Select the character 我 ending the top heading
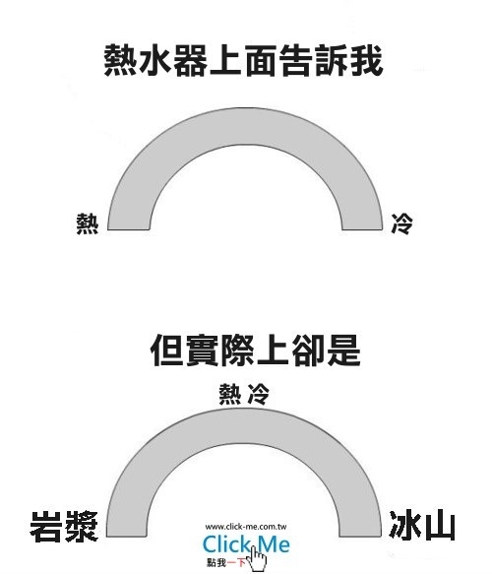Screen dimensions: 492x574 tap(366, 60)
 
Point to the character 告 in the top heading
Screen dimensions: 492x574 tap(296, 60)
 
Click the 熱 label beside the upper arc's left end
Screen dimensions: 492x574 tap(88, 223)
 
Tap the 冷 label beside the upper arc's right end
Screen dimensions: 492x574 tap(402, 223)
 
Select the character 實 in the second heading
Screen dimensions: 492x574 tap(202, 350)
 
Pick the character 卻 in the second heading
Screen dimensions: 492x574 tap(308, 350)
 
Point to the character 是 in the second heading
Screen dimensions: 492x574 tap(343, 350)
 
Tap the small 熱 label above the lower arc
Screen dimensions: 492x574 tap(230, 394)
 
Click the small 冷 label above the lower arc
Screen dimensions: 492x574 tap(259, 394)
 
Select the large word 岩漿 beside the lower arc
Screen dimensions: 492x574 tap(64, 527)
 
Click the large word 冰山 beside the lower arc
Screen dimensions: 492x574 tap(422, 526)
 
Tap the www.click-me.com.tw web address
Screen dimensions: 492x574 tap(246, 527)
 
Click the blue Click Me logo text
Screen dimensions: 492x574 tap(246, 543)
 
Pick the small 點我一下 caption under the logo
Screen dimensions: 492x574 tap(226, 562)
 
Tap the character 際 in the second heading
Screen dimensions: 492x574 tap(237, 350)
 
